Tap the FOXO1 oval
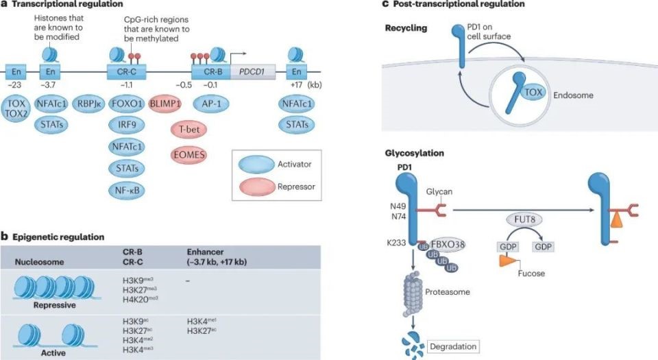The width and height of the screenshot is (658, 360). pyautogui.click(x=126, y=104)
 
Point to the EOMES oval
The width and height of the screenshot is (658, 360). pyautogui.click(x=188, y=154)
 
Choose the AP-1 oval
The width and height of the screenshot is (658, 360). pyautogui.click(x=210, y=104)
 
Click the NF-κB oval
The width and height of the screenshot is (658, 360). pyautogui.click(x=126, y=189)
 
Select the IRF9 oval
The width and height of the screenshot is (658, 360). pyautogui.click(x=126, y=125)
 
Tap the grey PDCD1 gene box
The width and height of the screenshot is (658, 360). pyautogui.click(x=253, y=71)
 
